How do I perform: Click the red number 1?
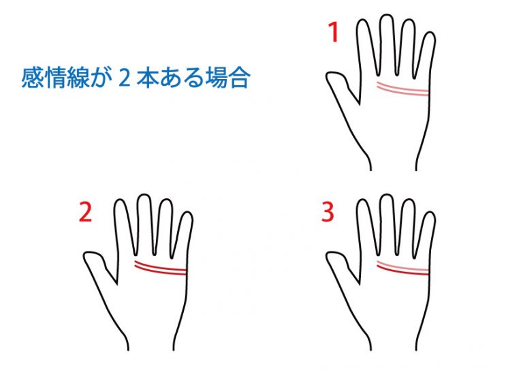pos(334,32)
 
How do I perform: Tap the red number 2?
pos(85,212)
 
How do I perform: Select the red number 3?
pos(328,212)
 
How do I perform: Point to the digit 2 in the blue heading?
pos(124,78)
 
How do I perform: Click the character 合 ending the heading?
pos(239,78)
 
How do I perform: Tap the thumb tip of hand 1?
pos(328,76)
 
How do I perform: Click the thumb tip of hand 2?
pos(86,256)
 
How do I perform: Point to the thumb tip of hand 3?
pos(328,256)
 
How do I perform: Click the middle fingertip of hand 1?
pos(387,15)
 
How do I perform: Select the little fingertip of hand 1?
pos(430,33)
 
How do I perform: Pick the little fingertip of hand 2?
pos(188,212)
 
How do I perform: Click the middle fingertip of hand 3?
pos(387,195)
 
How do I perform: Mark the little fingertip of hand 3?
pos(430,212)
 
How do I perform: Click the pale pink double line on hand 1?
pos(402,89)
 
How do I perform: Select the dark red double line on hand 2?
pos(160,268)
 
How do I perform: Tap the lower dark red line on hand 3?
pos(402,271)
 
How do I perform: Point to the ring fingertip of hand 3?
pos(409,200)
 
